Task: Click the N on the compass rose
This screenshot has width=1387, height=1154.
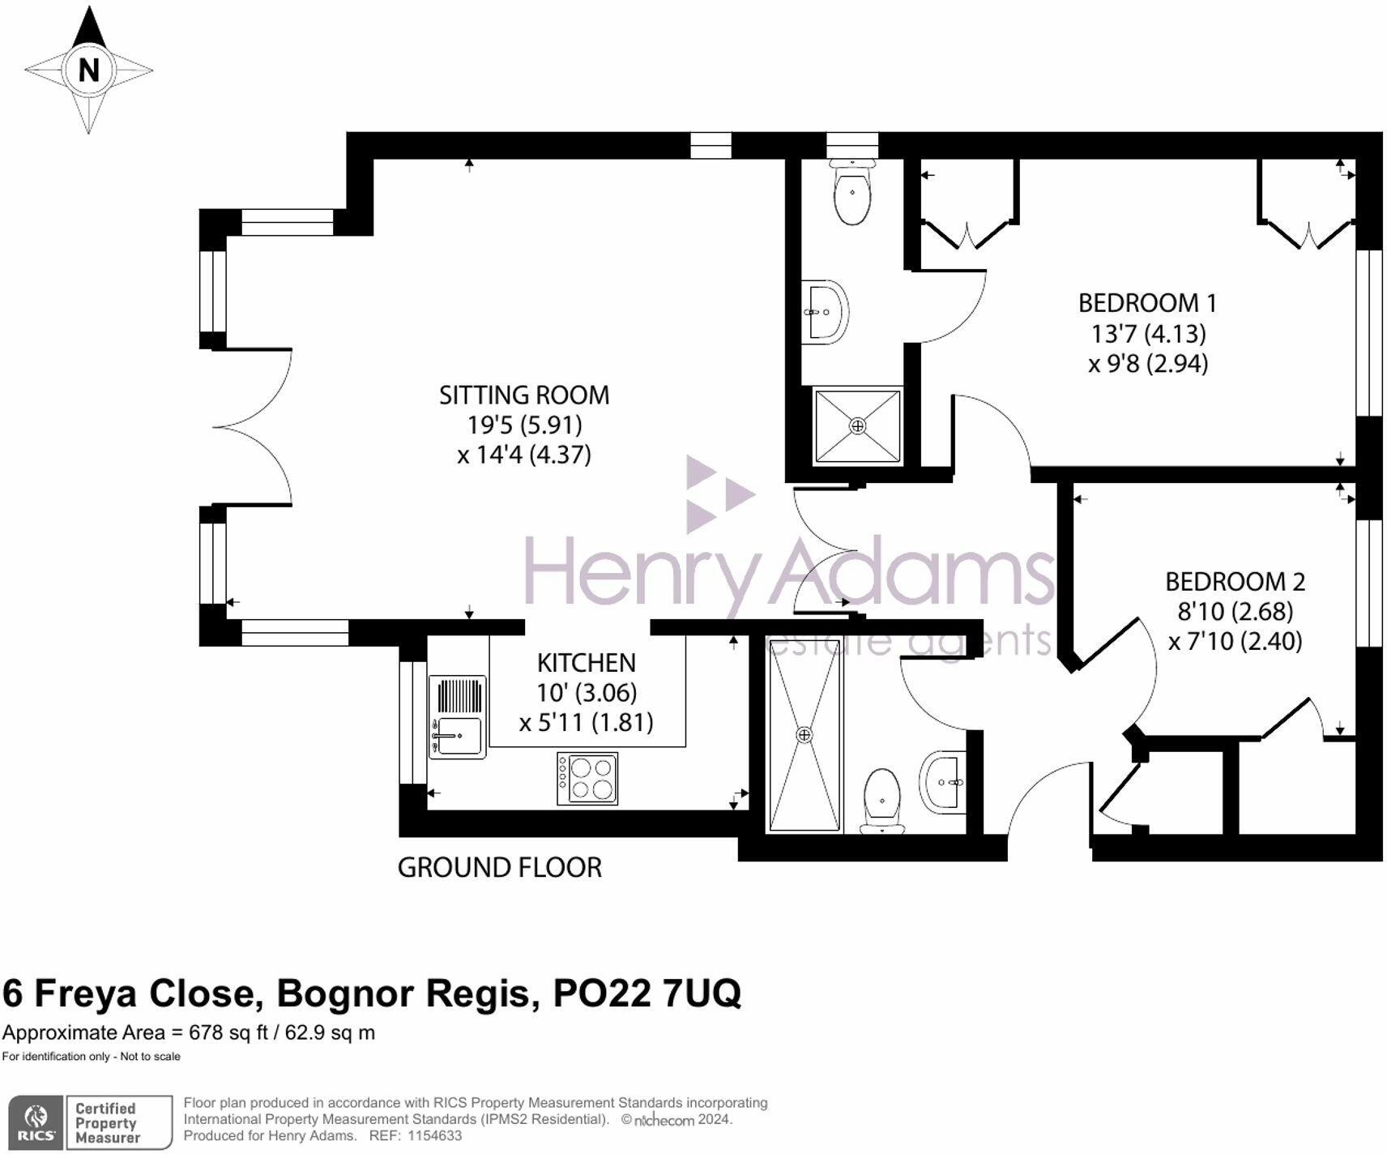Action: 88,71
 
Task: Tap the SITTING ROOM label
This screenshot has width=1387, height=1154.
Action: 523,395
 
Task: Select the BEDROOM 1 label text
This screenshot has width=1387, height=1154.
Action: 1146,303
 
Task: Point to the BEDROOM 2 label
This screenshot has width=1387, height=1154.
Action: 1235,582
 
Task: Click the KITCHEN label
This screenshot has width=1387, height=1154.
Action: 586,663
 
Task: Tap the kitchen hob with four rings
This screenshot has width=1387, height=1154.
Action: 587,778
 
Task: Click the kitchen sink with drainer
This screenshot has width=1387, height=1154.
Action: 458,717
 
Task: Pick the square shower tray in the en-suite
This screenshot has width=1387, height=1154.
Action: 857,426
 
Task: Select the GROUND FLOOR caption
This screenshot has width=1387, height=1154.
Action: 499,868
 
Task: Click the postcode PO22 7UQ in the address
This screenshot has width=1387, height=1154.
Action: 647,994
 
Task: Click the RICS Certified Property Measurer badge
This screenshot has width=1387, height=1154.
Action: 90,1122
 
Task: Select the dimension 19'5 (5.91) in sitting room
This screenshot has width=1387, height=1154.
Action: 523,425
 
